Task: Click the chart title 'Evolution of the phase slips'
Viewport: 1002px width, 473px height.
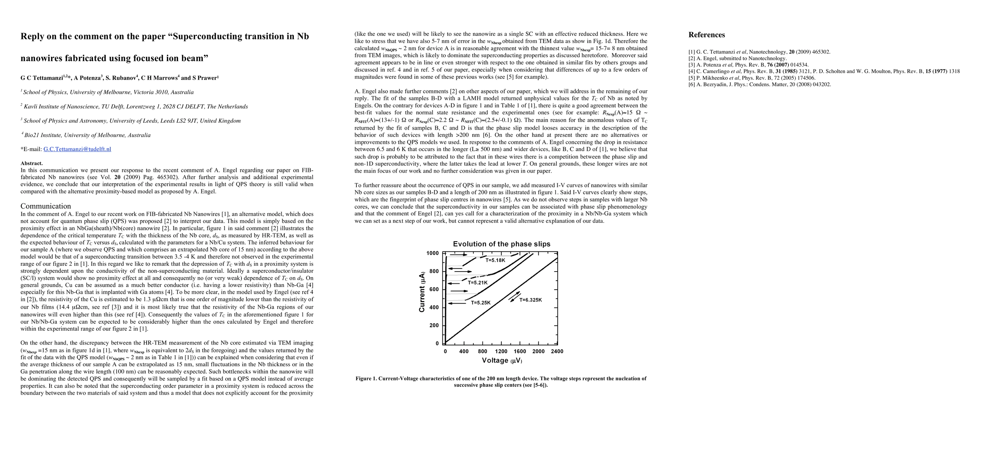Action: tap(501, 244)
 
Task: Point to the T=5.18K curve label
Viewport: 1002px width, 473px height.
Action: tap(495, 260)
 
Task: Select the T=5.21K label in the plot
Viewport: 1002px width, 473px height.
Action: tap(478, 283)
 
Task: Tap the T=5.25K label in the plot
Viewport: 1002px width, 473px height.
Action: tap(481, 303)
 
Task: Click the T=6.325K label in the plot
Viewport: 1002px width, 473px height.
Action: tap(531, 300)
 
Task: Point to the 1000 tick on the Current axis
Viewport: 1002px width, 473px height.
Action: tap(432, 253)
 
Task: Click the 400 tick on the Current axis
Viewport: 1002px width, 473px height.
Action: tap(434, 307)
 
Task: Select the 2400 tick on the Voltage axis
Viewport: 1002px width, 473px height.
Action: tap(557, 351)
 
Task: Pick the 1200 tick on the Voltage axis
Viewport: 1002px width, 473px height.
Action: tap(501, 351)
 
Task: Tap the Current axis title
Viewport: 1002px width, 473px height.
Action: tap(422, 292)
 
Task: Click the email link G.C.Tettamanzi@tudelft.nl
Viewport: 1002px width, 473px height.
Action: tap(77, 149)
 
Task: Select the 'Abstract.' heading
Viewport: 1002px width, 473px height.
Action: tap(32, 163)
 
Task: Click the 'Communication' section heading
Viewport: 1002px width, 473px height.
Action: tap(46, 206)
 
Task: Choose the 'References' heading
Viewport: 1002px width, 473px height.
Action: tap(707, 35)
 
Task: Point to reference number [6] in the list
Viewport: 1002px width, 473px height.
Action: tap(692, 84)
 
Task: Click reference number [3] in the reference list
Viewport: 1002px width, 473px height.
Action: tap(692, 65)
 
